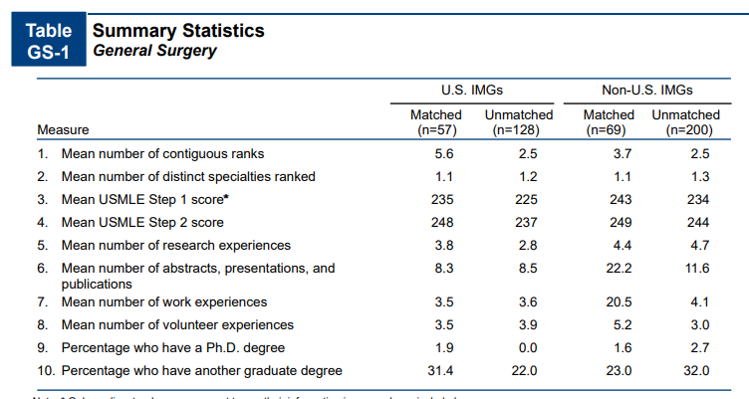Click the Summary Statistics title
tap(178, 30)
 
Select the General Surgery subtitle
tap(154, 51)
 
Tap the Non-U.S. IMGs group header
tap(647, 90)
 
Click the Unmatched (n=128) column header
tap(519, 122)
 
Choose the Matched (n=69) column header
tap(609, 122)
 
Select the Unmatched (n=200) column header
tap(685, 122)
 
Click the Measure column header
tap(63, 129)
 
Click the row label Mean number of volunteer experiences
tap(177, 324)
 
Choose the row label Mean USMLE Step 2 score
tap(142, 222)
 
